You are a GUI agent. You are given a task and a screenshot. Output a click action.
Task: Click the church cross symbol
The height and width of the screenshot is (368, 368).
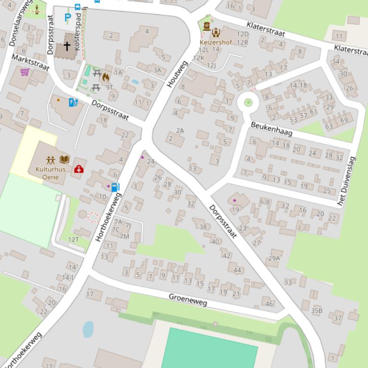[x=67, y=46]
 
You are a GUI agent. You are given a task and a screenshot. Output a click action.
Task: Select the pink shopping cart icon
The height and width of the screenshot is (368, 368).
[x=25, y=72]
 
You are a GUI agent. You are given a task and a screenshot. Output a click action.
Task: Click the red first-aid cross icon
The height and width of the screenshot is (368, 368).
[x=78, y=169]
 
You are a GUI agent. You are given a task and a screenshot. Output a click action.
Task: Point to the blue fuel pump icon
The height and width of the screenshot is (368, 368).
[x=115, y=187]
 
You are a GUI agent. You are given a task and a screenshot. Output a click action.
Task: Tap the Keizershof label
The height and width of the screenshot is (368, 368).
[x=215, y=43]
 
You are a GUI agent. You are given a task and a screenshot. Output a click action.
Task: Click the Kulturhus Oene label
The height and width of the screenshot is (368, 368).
[x=50, y=173]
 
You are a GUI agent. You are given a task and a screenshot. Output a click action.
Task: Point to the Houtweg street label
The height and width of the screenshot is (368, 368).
[x=177, y=74]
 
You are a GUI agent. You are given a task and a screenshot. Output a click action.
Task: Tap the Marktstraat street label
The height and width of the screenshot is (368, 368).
[x=30, y=62]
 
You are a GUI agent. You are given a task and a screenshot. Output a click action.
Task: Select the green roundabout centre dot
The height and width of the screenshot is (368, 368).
[x=248, y=102]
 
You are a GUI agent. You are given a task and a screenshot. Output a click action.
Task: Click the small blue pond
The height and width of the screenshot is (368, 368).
[x=88, y=329]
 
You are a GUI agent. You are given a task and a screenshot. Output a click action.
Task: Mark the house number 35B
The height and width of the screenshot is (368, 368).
[x=316, y=311]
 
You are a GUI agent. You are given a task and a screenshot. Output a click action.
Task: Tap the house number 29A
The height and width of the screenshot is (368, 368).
[x=274, y=258]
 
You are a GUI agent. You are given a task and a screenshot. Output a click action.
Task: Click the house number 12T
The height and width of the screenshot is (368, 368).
[x=73, y=239]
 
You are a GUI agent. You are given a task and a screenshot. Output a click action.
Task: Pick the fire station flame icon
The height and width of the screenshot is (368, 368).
[x=105, y=76]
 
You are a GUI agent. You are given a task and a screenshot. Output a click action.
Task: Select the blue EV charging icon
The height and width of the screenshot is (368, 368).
[x=73, y=102]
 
